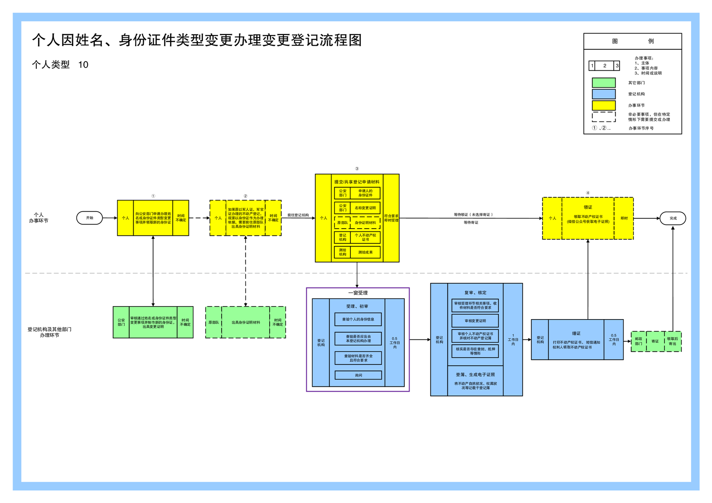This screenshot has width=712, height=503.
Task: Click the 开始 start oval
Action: tap(90, 218)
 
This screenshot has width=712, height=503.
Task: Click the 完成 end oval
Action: tap(673, 218)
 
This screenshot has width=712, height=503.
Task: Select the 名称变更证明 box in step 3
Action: tap(365, 208)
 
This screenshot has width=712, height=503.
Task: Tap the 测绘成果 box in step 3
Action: tap(365, 252)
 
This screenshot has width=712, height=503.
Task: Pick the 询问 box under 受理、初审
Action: tap(358, 375)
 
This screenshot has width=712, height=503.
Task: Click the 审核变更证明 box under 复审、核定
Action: tap(475, 321)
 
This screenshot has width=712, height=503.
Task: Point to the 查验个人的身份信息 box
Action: tap(358, 319)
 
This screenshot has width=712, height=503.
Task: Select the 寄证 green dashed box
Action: tap(655, 342)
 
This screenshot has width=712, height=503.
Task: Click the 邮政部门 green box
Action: tap(638, 342)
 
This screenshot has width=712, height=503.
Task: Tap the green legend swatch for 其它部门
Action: tap(603, 83)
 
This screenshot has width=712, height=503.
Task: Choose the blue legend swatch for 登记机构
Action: tap(603, 94)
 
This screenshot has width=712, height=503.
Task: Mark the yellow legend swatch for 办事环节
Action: tap(603, 105)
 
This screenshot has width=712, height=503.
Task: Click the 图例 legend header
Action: tap(633, 41)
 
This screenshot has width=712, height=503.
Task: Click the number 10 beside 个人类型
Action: tap(83, 65)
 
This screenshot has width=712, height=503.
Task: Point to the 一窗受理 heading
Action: tap(358, 293)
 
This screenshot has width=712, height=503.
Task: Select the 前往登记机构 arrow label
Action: tap(298, 215)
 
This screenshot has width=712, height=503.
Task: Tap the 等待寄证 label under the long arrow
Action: tap(471, 222)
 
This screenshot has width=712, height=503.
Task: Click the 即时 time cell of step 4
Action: tap(624, 218)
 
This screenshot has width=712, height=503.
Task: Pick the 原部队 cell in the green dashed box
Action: tap(214, 322)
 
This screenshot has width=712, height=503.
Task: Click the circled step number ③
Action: tap(357, 169)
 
